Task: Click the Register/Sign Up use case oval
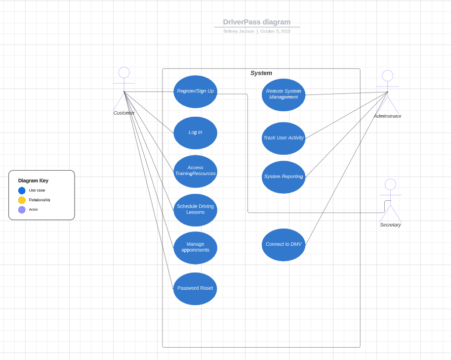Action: (x=195, y=91)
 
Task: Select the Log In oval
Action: (x=195, y=133)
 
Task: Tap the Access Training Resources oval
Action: (x=195, y=171)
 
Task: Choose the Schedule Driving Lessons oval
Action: (x=195, y=210)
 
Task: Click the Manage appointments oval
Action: (x=195, y=248)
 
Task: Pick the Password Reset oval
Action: (x=195, y=288)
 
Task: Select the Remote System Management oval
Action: (x=284, y=94)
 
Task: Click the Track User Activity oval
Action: (x=284, y=138)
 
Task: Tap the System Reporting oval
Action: (x=284, y=177)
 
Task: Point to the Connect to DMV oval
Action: (x=284, y=244)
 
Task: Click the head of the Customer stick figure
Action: (x=124, y=73)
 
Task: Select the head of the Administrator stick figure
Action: (x=388, y=76)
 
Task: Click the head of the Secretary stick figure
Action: (x=390, y=184)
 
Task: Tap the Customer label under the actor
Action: (x=124, y=113)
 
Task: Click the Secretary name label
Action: (x=390, y=225)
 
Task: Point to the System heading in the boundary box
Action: (x=261, y=73)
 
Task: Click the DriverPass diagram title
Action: (x=257, y=22)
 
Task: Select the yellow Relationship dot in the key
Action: (x=22, y=200)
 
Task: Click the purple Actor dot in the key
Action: (x=22, y=210)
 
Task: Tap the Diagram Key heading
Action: (x=33, y=180)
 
